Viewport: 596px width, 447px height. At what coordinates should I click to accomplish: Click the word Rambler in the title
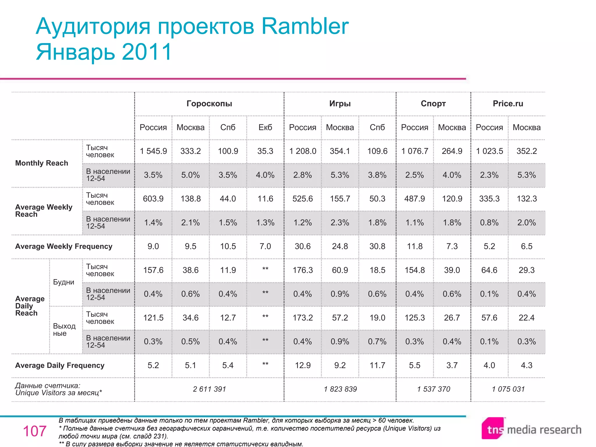click(x=305, y=26)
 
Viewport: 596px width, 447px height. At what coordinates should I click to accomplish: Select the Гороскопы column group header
click(x=209, y=104)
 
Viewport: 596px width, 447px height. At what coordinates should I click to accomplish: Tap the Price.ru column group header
click(x=508, y=104)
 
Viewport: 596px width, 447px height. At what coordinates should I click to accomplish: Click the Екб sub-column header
click(x=265, y=127)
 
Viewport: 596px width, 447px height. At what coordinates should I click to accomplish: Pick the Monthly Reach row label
click(x=42, y=163)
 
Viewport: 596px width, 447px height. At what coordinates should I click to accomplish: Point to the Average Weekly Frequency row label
click(x=64, y=246)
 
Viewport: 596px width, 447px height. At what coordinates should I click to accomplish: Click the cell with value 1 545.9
click(x=153, y=151)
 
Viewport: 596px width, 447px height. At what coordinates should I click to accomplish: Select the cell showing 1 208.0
click(x=303, y=151)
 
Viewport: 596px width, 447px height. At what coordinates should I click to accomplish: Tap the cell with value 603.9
click(x=153, y=199)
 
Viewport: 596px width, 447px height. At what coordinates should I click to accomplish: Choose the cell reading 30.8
click(x=377, y=246)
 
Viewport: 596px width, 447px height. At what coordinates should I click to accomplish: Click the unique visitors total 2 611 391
click(x=209, y=389)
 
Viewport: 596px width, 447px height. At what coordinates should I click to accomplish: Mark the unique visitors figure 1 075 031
click(x=508, y=389)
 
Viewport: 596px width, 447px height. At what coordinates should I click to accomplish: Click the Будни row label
click(x=64, y=282)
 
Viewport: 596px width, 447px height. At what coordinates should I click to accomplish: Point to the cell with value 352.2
click(x=526, y=151)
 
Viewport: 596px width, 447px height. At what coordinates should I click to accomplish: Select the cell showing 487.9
click(x=414, y=199)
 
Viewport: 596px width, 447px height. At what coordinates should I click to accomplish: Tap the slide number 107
click(x=35, y=431)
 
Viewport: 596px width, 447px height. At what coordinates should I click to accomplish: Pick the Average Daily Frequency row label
click(x=60, y=366)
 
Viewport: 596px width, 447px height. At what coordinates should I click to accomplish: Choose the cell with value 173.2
click(x=303, y=318)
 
